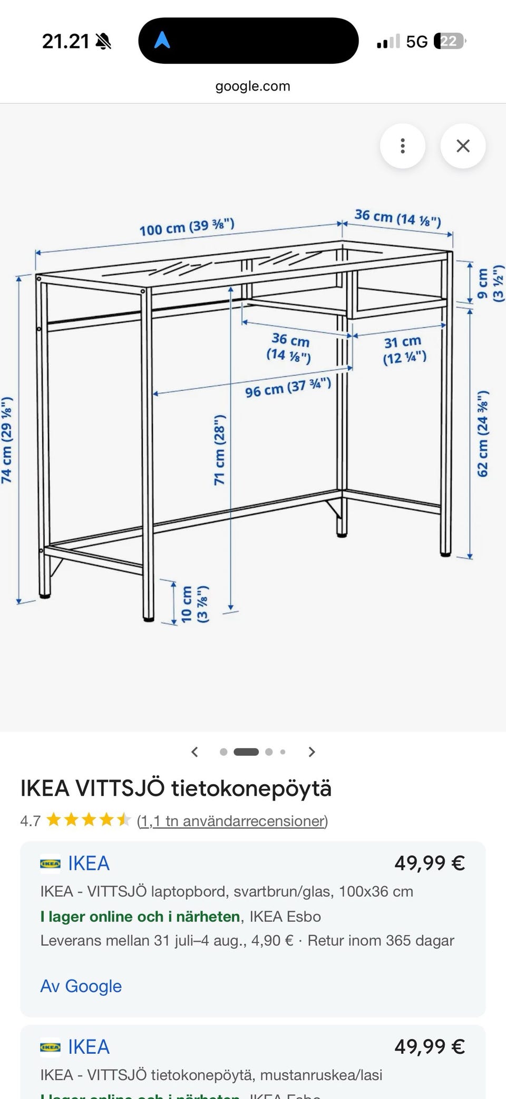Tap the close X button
click(x=463, y=146)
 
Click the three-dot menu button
click(x=403, y=146)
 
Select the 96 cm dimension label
click(x=288, y=388)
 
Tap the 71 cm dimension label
click(x=219, y=450)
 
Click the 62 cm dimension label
click(x=483, y=434)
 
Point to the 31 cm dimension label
click(x=404, y=350)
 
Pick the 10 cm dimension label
click(x=194, y=605)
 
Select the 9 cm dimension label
click(x=490, y=283)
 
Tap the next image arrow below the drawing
click(x=312, y=752)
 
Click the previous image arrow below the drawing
click(x=194, y=752)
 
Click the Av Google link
click(x=81, y=986)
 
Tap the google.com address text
click(x=253, y=86)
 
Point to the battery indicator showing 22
click(x=449, y=41)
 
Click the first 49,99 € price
click(x=430, y=863)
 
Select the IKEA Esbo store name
click(x=285, y=916)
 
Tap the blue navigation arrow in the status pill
click(x=162, y=40)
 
